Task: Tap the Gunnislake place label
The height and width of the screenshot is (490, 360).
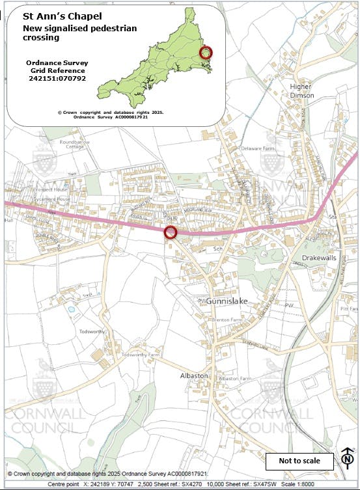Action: (227, 301)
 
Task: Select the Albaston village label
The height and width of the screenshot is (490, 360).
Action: (194, 376)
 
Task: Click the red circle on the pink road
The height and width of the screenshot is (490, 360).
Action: (171, 232)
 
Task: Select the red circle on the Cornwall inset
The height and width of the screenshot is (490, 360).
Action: (205, 53)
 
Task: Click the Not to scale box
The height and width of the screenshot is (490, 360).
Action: (299, 461)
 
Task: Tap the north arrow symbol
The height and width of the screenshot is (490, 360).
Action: (346, 459)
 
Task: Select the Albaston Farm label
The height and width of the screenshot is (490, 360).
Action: (235, 378)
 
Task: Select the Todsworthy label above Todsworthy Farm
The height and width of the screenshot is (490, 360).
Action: (92, 331)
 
